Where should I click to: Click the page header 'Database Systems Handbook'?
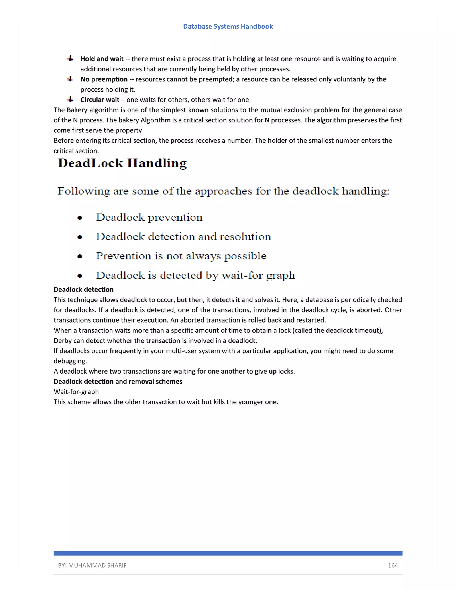pyautogui.click(x=228, y=26)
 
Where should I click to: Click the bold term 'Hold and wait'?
pyautogui.click(x=102, y=59)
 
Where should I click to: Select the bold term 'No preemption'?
pyautogui.click(x=104, y=79)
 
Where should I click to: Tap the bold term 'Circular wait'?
pyautogui.click(x=100, y=100)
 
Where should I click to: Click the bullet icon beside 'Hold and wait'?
pyautogui.click(x=70, y=59)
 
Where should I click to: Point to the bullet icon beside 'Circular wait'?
pyautogui.click(x=70, y=100)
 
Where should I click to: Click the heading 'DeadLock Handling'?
pyautogui.click(x=122, y=163)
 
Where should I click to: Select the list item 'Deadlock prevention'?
pyautogui.click(x=149, y=218)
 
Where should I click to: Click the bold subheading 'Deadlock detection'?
pyautogui.click(x=83, y=290)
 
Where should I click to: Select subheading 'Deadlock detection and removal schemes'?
pyautogui.click(x=118, y=381)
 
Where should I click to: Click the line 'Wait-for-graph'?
pyautogui.click(x=76, y=392)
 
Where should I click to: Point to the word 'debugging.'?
pyautogui.click(x=70, y=361)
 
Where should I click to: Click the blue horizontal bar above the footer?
pyautogui.click(x=228, y=553)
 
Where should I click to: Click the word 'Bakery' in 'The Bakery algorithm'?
pyautogui.click(x=77, y=110)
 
